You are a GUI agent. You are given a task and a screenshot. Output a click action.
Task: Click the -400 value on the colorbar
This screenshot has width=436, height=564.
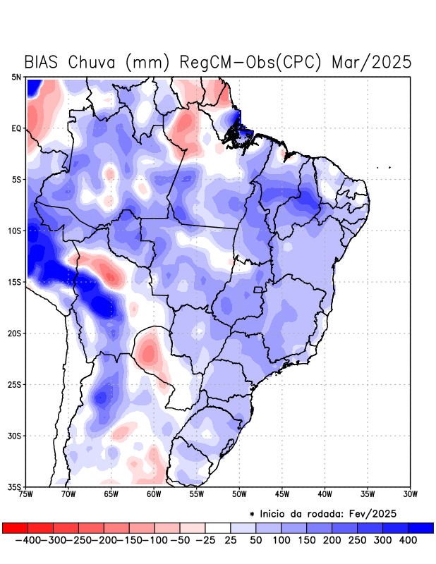click(x=26, y=540)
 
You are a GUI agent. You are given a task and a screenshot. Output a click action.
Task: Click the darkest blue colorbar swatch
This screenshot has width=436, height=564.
click(x=420, y=528)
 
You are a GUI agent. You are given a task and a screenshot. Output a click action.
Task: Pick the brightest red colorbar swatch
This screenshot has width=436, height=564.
click(x=15, y=528)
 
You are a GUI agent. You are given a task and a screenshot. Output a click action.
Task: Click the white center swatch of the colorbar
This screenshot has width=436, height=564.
click(x=217, y=528)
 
